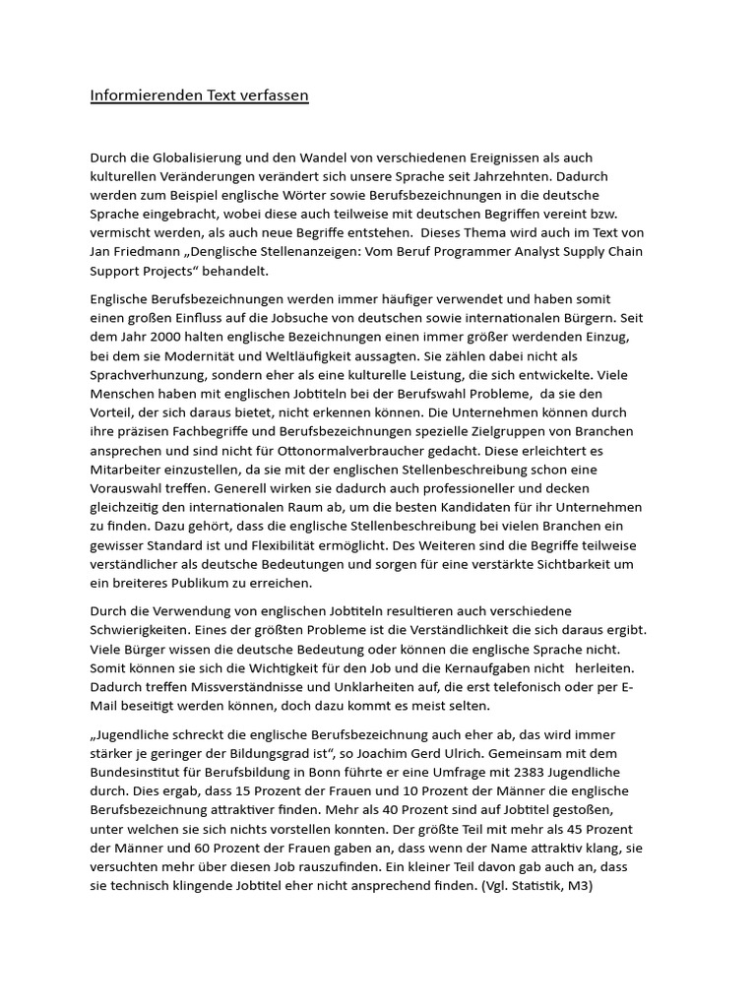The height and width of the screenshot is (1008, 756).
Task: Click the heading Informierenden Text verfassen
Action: click(200, 95)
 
